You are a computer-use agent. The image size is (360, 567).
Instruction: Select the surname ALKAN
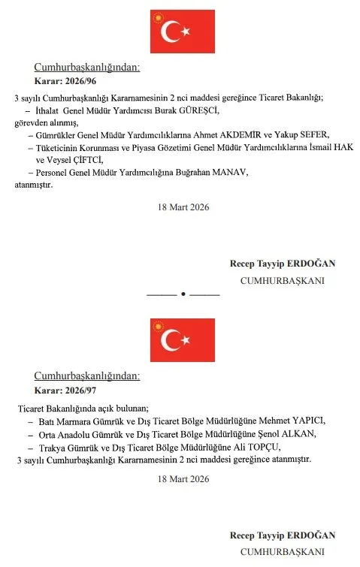[285, 434]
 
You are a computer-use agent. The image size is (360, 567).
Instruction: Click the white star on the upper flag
[185, 32]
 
